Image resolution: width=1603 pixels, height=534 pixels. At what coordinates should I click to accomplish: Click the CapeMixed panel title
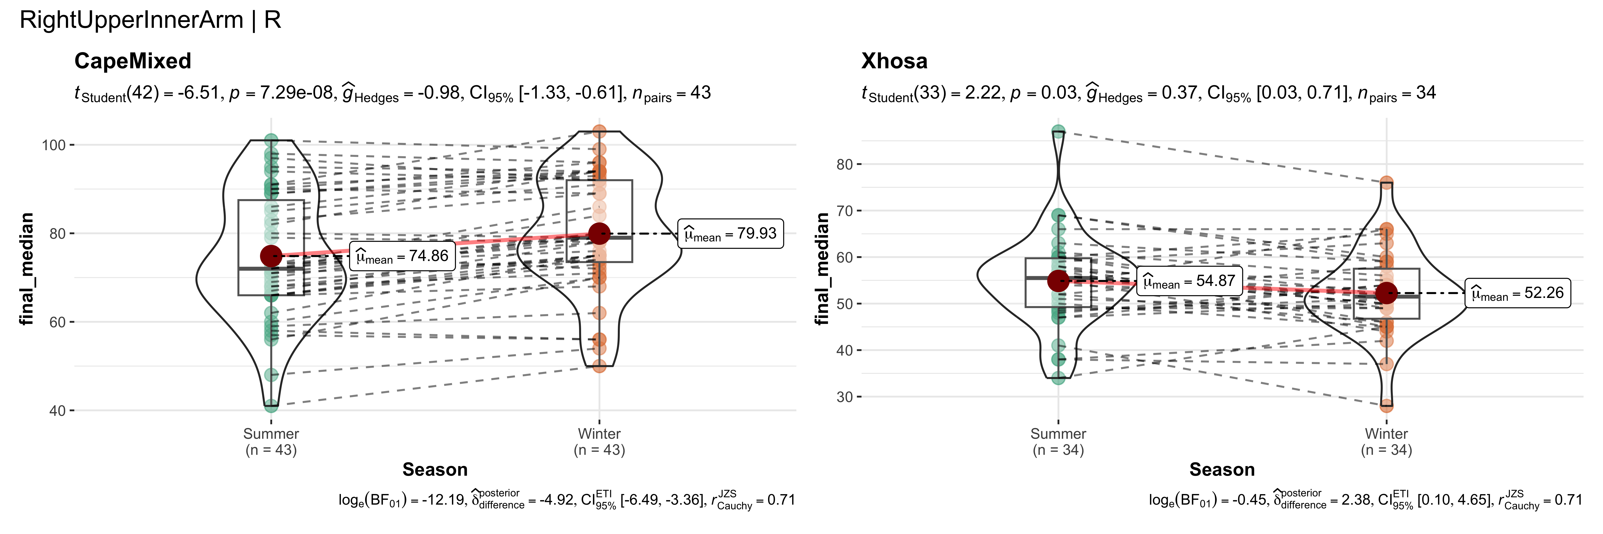(132, 61)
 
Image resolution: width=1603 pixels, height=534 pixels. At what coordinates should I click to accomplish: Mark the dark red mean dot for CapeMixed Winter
(599, 234)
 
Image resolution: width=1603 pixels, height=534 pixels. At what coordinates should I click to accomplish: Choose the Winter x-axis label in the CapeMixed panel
(599, 434)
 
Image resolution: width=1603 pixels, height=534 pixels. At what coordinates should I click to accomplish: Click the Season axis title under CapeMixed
(435, 469)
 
